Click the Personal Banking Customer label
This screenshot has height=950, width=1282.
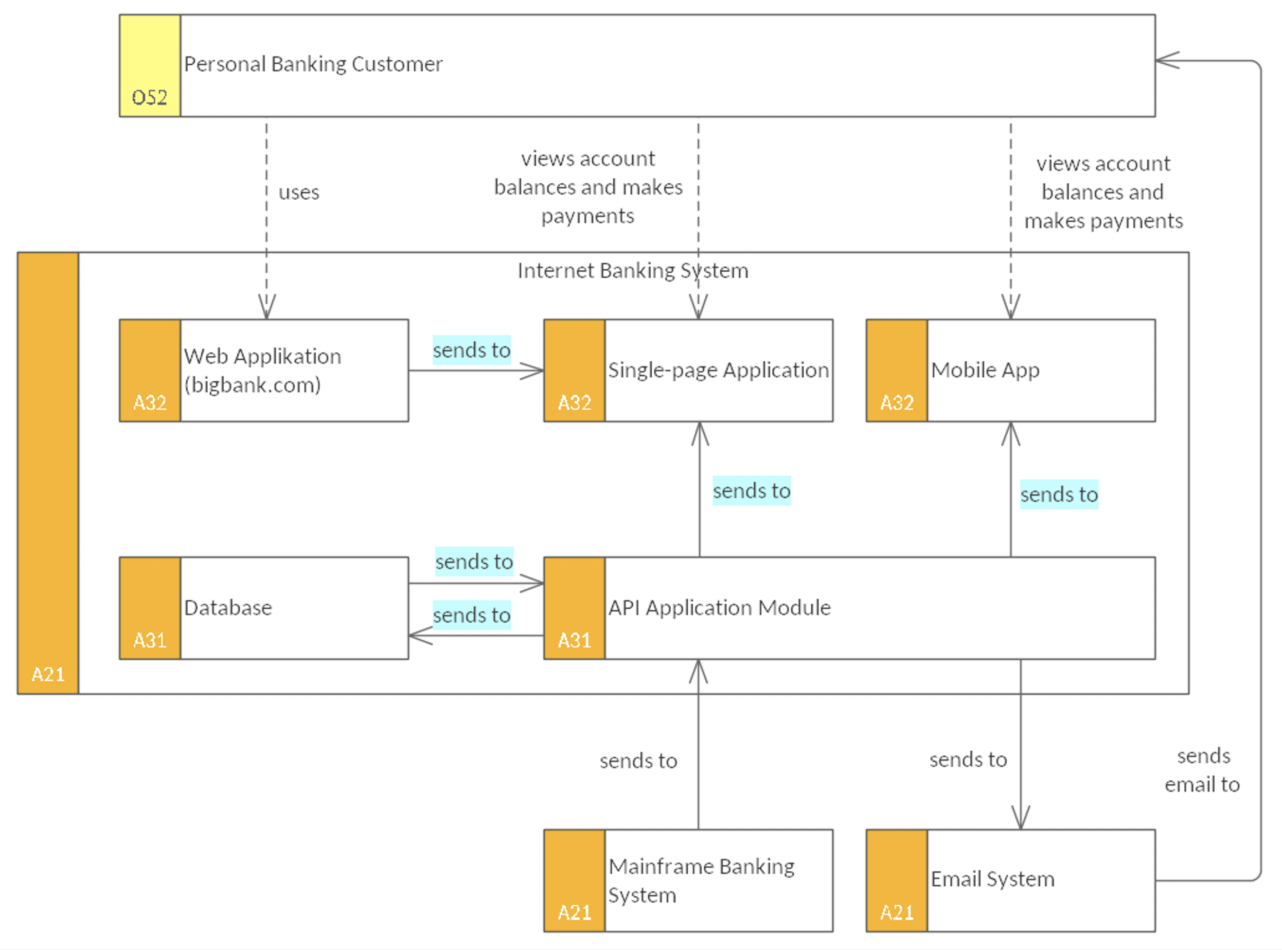(313, 64)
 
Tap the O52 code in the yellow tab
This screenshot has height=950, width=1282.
(149, 98)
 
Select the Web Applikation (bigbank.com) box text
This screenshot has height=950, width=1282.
(262, 370)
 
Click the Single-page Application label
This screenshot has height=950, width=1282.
(718, 370)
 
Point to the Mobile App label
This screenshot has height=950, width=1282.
(985, 370)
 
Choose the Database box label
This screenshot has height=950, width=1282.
(228, 607)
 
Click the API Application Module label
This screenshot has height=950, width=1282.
(719, 607)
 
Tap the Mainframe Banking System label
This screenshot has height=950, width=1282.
(701, 880)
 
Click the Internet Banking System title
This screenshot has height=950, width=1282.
(633, 270)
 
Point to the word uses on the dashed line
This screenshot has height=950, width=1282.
(299, 192)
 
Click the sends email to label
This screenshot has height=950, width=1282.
(1202, 770)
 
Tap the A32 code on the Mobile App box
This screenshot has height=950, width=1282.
(897, 403)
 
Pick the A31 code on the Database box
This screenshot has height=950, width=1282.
(149, 640)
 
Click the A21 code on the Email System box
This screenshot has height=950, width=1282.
(897, 913)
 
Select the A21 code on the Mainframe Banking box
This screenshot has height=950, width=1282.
(574, 913)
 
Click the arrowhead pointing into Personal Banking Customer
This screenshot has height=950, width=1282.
(1166, 60)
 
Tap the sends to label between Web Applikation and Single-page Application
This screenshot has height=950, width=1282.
(472, 350)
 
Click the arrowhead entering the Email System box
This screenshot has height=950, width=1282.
(1021, 818)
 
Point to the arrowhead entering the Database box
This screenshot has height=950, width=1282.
(420, 635)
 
